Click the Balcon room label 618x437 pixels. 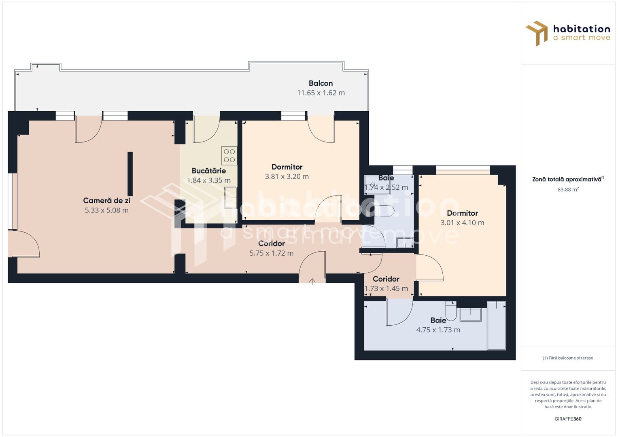click(x=321, y=83)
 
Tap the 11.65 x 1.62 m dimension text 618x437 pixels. click(x=321, y=93)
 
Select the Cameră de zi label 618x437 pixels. click(x=106, y=201)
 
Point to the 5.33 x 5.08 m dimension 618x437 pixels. click(x=106, y=210)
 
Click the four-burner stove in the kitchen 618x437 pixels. click(x=229, y=156)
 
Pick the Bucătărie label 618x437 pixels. click(x=208, y=171)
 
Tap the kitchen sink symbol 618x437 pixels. click(x=231, y=197)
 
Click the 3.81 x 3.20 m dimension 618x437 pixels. click(x=287, y=176)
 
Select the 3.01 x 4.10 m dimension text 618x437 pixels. click(x=462, y=223)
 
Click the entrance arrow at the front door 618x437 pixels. click(x=312, y=281)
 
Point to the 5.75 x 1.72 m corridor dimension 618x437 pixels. click(x=272, y=253)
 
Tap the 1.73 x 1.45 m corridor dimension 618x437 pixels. click(x=386, y=289)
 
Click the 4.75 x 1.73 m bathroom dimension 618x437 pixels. click(x=438, y=330)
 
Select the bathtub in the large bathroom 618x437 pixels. click(x=497, y=326)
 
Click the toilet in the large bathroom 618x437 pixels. click(x=451, y=311)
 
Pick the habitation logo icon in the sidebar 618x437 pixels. click(x=536, y=33)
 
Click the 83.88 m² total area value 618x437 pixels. click(x=568, y=189)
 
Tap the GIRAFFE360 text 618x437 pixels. click(x=568, y=419)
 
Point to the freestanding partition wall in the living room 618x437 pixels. click(x=130, y=174)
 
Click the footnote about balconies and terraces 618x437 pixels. click(x=568, y=358)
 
